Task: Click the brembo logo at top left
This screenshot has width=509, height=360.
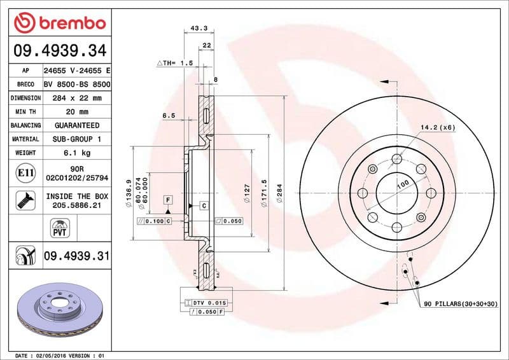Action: coord(59,24)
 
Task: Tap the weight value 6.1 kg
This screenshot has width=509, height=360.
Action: coord(76,153)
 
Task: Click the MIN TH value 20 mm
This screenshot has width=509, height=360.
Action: coord(76,112)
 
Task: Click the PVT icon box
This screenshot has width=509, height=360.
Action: coord(59,227)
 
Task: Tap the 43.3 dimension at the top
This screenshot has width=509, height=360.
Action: coord(199,28)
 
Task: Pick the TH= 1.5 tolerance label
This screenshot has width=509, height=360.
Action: coord(174,64)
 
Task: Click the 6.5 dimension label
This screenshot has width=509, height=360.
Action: coord(168,116)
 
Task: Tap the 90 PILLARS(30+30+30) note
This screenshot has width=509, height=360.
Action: coord(461,305)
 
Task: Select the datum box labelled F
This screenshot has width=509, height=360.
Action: coord(168,200)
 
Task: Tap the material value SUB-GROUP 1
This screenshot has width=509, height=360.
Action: coord(76,139)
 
